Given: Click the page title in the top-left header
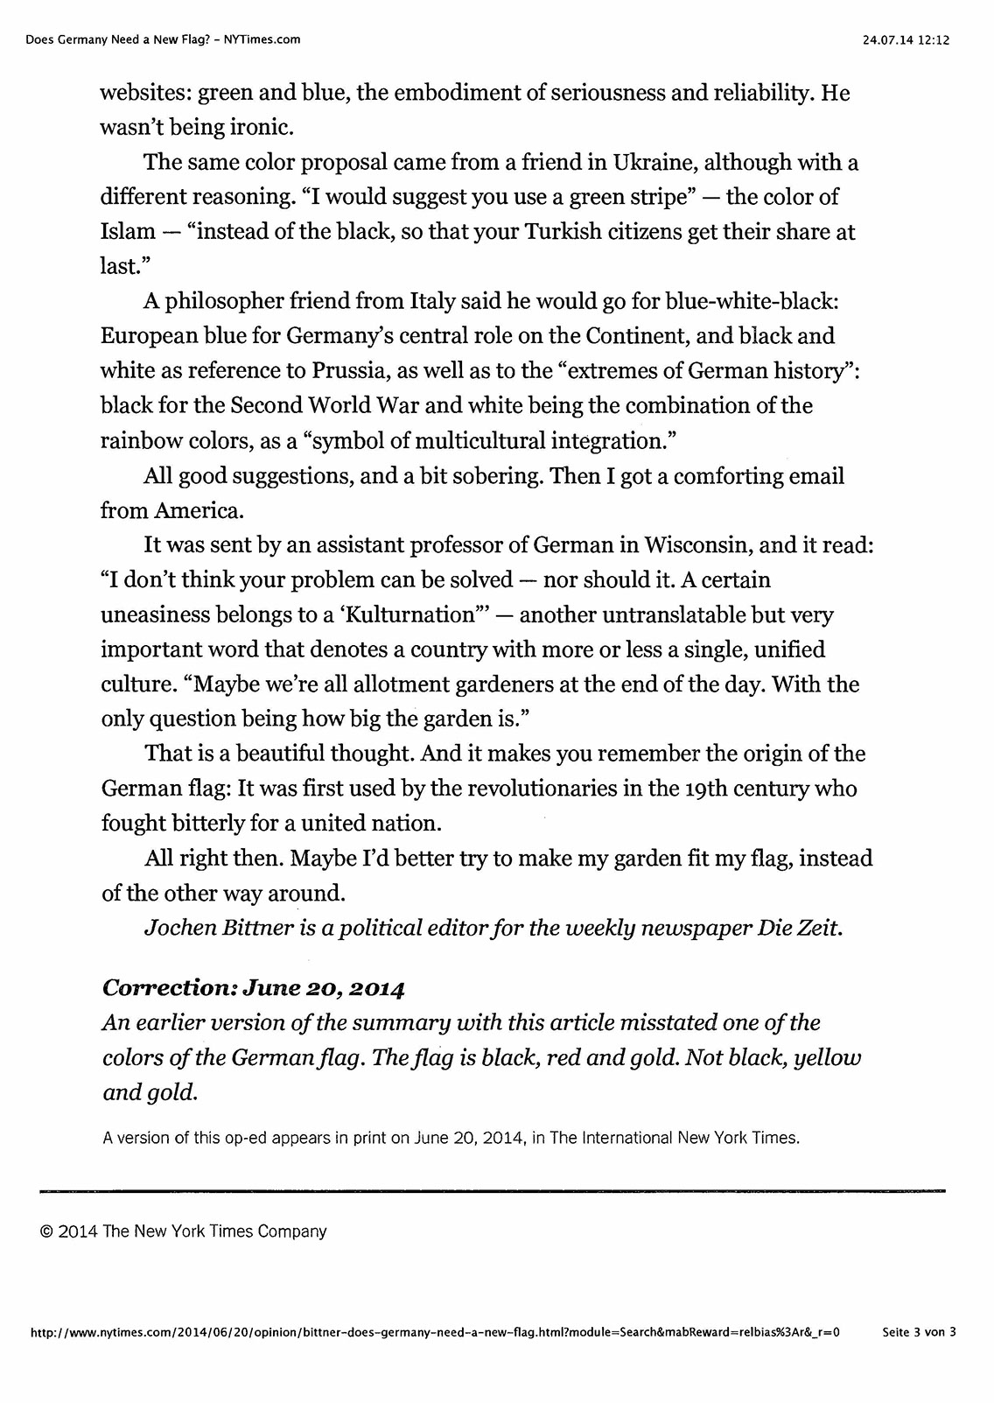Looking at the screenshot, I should (x=163, y=39).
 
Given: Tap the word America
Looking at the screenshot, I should (x=198, y=510).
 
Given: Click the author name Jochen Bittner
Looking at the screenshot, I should (x=218, y=928).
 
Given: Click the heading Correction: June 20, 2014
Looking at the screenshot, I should (x=254, y=988).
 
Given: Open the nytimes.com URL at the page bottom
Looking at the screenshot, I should (x=435, y=1333).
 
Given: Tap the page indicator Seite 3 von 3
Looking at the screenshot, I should (x=920, y=1333).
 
